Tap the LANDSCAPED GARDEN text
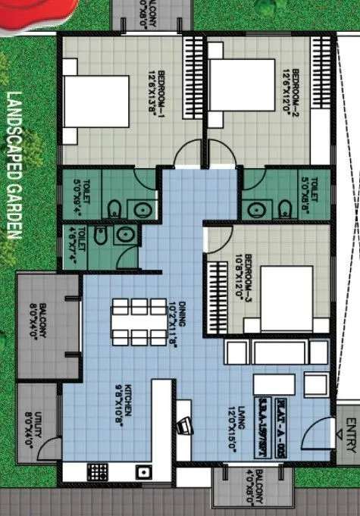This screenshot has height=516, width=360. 13,165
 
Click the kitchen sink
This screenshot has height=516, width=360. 142,472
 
